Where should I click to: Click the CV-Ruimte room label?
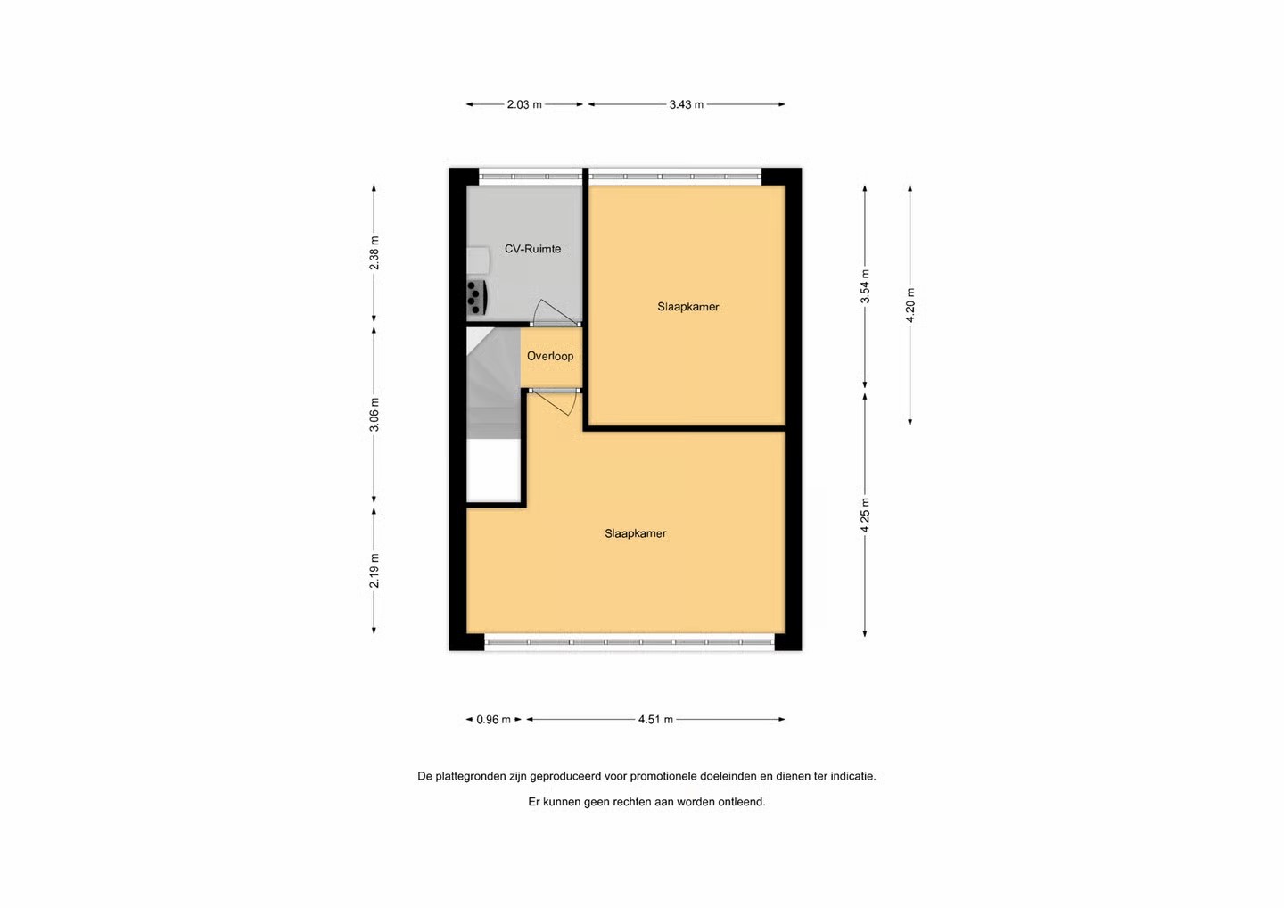pyautogui.click(x=532, y=249)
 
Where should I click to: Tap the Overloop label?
pyautogui.click(x=550, y=356)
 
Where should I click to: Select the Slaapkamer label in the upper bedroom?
pyautogui.click(x=687, y=307)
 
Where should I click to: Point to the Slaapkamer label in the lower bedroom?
pyautogui.click(x=635, y=533)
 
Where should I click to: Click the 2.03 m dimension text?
pyautogui.click(x=524, y=104)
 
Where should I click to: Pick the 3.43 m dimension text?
pyautogui.click(x=687, y=104)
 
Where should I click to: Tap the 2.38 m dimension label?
pyautogui.click(x=374, y=252)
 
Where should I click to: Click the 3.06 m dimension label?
pyautogui.click(x=374, y=415)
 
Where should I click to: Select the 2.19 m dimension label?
pyautogui.click(x=374, y=570)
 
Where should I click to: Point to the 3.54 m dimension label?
pyautogui.click(x=865, y=286)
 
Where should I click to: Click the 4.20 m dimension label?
pyautogui.click(x=910, y=305)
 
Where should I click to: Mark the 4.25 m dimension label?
pyautogui.click(x=865, y=516)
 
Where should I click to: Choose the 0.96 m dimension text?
pyautogui.click(x=494, y=720)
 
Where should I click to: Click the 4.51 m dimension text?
pyautogui.click(x=655, y=720)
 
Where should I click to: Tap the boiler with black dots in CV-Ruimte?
pyautogui.click(x=477, y=298)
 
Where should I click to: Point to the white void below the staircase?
pyautogui.click(x=494, y=470)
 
